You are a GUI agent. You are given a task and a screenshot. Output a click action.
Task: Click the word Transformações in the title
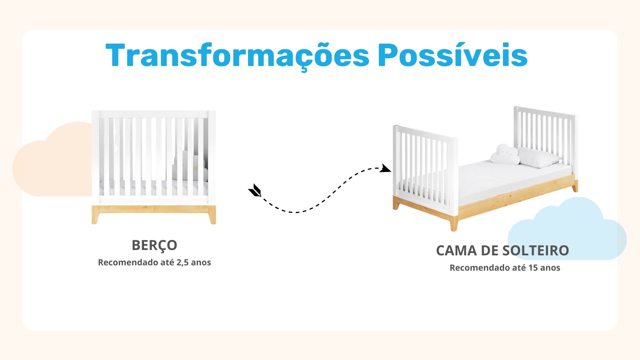click(x=237, y=56)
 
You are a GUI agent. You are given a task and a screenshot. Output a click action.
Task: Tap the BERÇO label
click(x=154, y=246)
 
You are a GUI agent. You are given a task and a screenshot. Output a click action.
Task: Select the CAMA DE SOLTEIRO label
click(x=502, y=251)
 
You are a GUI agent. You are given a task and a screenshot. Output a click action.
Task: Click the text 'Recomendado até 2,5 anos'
click(x=154, y=262)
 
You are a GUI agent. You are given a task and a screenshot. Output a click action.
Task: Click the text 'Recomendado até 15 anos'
click(x=505, y=268)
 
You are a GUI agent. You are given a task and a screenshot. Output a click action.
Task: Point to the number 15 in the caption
click(x=533, y=268)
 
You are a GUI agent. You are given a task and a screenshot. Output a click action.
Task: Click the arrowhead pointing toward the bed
click(x=386, y=168)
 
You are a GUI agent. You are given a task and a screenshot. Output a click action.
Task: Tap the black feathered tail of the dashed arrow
click(x=255, y=191)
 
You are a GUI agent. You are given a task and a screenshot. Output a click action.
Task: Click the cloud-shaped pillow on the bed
click(x=505, y=154)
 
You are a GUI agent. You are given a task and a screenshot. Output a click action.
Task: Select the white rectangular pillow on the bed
click(x=539, y=157)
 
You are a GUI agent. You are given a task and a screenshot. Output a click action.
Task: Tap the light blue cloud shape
click(x=567, y=230)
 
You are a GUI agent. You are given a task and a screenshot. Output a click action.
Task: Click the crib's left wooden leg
click(x=95, y=215)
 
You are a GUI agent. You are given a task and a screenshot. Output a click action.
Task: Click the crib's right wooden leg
click(x=212, y=215)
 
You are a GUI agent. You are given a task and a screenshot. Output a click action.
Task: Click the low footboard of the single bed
click(x=425, y=170)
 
